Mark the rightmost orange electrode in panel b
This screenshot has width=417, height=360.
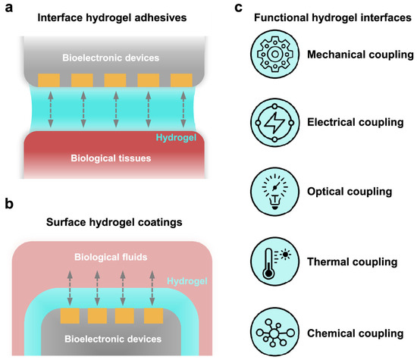[154, 312]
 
